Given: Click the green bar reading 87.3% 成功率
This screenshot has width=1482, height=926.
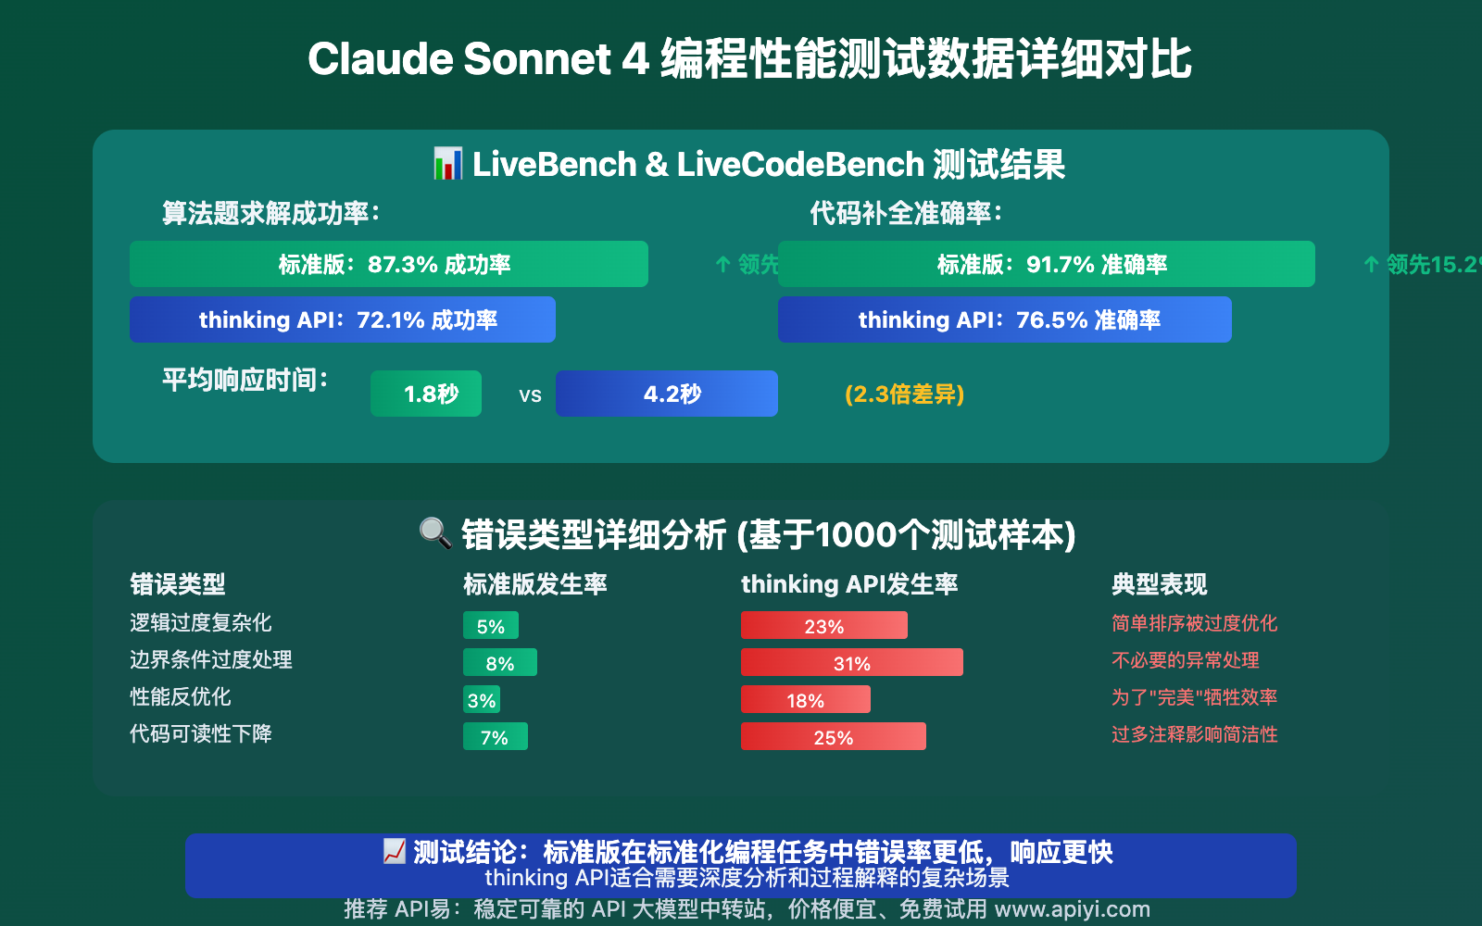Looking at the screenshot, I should click(389, 264).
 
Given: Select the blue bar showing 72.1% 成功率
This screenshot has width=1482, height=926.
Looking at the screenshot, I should click(343, 319).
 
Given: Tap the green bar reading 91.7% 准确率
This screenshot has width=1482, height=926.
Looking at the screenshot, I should click(1047, 264).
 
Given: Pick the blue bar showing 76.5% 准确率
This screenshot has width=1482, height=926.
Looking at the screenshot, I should click(1005, 319).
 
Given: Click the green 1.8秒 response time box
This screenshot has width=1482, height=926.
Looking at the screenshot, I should click(426, 394).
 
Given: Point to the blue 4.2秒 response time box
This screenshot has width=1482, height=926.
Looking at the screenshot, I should click(667, 394).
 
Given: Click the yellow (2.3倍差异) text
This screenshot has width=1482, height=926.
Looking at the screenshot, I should click(904, 394).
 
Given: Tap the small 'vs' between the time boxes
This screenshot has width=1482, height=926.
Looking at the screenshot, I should click(530, 395).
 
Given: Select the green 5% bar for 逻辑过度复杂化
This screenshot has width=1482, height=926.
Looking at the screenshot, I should click(491, 626).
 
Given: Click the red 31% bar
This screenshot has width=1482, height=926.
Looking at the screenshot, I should click(852, 663).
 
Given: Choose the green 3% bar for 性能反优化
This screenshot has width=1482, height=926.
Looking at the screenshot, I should click(482, 700).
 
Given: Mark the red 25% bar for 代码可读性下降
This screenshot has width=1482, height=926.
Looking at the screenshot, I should click(834, 737).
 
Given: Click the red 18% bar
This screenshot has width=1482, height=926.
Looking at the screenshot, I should click(806, 700).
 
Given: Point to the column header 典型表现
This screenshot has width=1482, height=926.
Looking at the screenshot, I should click(1159, 584).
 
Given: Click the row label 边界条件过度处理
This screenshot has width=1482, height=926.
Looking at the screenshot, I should click(211, 659).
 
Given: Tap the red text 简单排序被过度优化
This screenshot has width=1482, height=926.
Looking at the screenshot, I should click(1194, 623).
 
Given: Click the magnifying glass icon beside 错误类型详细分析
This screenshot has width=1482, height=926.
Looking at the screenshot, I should click(435, 532).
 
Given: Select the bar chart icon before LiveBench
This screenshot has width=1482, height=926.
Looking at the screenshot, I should click(448, 164).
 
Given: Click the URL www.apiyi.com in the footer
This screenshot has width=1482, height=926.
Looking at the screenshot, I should click(1072, 909).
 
